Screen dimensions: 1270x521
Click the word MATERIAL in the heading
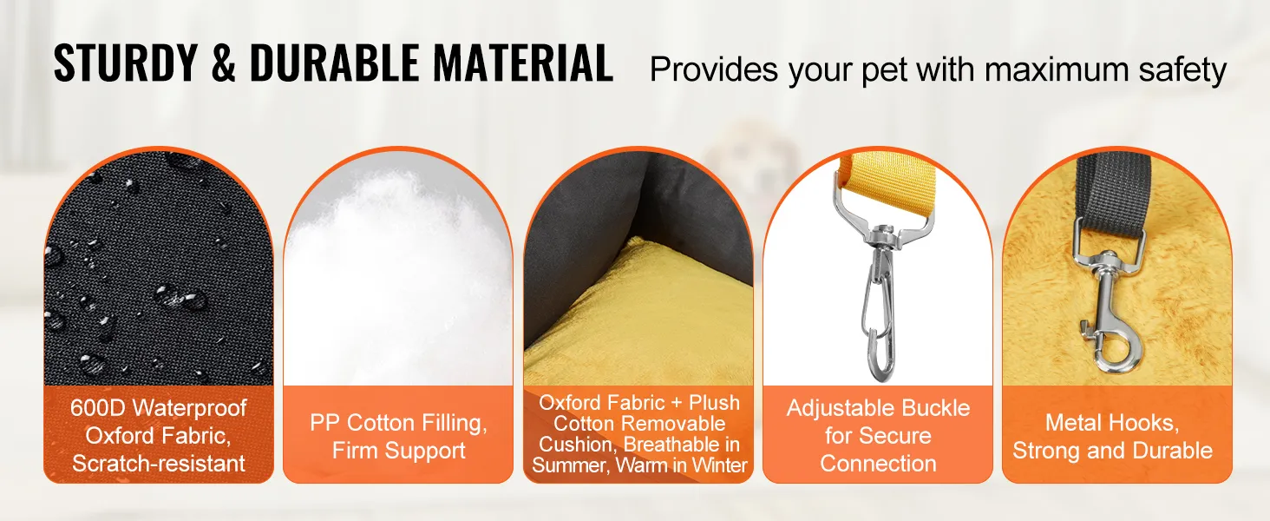(x=523, y=63)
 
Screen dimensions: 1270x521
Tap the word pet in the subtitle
(x=885, y=71)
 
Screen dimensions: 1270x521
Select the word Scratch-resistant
(x=159, y=464)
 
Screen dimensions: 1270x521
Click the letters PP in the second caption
(x=324, y=423)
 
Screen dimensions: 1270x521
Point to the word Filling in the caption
(x=451, y=424)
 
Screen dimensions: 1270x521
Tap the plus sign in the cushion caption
(x=676, y=403)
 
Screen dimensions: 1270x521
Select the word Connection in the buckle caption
(x=878, y=464)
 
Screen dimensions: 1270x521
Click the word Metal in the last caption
(x=1070, y=423)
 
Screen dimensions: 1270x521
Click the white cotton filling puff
(x=397, y=267)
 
